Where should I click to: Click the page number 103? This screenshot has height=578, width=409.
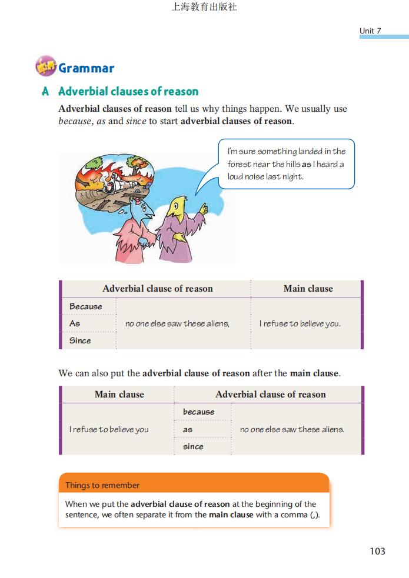[377, 551]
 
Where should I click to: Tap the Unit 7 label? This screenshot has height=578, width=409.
[370, 31]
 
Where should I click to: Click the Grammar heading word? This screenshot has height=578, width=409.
[86, 68]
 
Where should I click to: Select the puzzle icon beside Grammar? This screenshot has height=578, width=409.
[45, 67]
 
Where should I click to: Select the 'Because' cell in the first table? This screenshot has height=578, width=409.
[85, 306]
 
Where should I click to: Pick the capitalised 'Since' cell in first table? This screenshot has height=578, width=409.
[80, 340]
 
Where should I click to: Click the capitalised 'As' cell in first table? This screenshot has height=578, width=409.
[75, 323]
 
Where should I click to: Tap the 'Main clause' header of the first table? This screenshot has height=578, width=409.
[308, 289]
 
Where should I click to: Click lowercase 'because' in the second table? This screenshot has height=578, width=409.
[198, 412]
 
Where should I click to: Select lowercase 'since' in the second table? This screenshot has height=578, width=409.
[193, 446]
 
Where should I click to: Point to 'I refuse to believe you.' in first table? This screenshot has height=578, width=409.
[300, 323]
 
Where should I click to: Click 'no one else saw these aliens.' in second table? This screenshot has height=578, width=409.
[292, 429]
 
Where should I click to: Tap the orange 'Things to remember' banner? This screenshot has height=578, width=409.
[194, 485]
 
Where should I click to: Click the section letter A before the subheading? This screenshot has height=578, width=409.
[45, 92]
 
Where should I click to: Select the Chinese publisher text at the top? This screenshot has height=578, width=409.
[204, 8]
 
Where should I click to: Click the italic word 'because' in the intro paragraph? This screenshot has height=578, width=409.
[75, 121]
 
